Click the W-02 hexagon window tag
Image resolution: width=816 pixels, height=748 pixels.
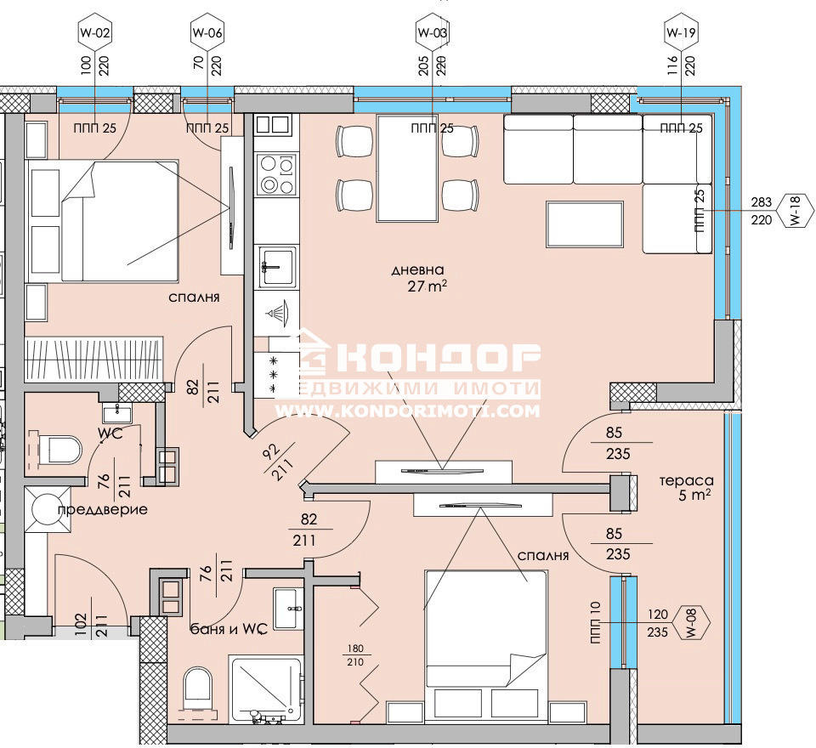pyautogui.click(x=94, y=33)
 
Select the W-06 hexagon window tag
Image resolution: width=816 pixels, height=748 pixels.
pyautogui.click(x=207, y=33)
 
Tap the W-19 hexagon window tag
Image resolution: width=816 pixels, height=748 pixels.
pyautogui.click(x=681, y=33)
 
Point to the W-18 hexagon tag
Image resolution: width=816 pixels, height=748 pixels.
pyautogui.click(x=795, y=211)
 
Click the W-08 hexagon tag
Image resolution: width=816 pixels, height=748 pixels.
pyautogui.click(x=691, y=622)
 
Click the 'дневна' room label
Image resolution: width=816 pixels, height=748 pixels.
pyautogui.click(x=417, y=269)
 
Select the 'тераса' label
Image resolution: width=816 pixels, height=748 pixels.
pyautogui.click(x=687, y=480)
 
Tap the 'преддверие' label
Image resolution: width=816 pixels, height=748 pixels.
pyautogui.click(x=103, y=509)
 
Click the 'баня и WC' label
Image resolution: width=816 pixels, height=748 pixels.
pyautogui.click(x=229, y=629)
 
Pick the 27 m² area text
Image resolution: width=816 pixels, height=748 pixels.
pyautogui.click(x=428, y=286)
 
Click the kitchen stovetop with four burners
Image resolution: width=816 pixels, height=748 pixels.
pyautogui.click(x=276, y=174)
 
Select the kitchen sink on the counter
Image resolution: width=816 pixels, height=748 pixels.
pyautogui.click(x=277, y=266)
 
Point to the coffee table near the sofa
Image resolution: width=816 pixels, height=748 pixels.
pyautogui.click(x=585, y=224)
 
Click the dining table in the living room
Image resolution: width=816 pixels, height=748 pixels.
pyautogui.click(x=407, y=168)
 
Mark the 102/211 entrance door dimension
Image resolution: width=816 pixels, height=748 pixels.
pyautogui.click(x=89, y=626)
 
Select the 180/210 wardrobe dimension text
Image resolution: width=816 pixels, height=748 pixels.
pyautogui.click(x=355, y=655)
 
